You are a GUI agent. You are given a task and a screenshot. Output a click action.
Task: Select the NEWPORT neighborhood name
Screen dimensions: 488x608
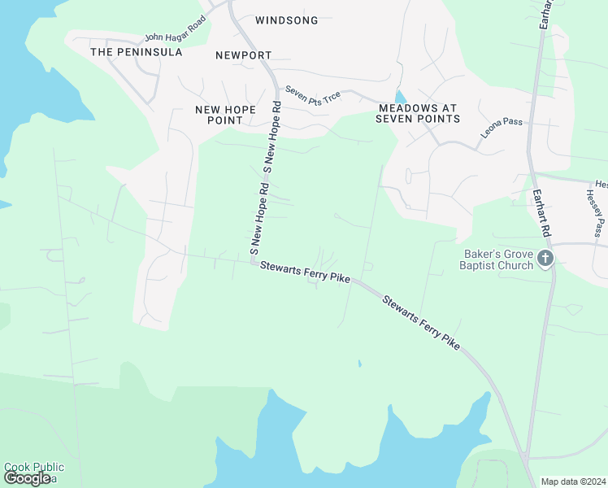(243, 55)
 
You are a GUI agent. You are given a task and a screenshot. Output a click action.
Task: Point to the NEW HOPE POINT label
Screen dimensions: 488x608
(225, 115)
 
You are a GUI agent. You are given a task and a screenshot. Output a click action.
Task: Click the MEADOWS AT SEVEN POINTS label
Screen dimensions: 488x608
(418, 113)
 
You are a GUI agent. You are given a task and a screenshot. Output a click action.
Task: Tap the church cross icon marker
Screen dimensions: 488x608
(545, 259)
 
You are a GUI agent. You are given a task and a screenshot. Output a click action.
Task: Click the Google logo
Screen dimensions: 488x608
(27, 478)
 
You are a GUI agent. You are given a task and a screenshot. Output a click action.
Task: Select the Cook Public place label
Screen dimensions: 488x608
(34, 467)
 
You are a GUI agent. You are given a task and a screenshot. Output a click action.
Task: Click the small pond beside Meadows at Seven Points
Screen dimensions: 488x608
(398, 97)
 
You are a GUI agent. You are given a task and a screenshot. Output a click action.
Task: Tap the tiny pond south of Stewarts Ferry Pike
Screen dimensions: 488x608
(358, 363)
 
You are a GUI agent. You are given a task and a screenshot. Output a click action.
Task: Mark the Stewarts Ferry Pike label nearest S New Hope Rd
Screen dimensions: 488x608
(305, 272)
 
